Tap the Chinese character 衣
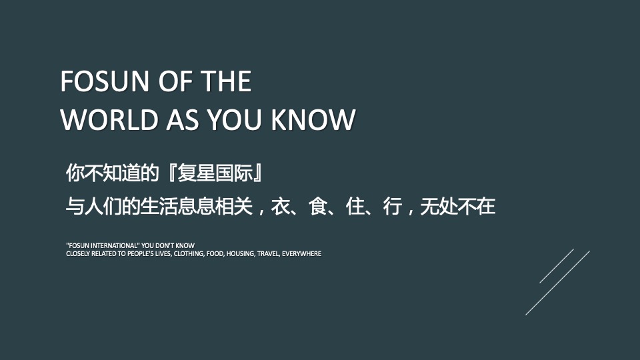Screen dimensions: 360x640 pyautogui.click(x=279, y=207)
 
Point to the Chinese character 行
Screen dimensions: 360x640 pyautogui.click(x=391, y=207)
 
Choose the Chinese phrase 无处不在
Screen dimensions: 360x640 pyautogui.click(x=458, y=207)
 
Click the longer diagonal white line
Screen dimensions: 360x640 pyautogui.click(x=557, y=283)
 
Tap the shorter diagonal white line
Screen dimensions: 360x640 pyautogui.click(x=556, y=266)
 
